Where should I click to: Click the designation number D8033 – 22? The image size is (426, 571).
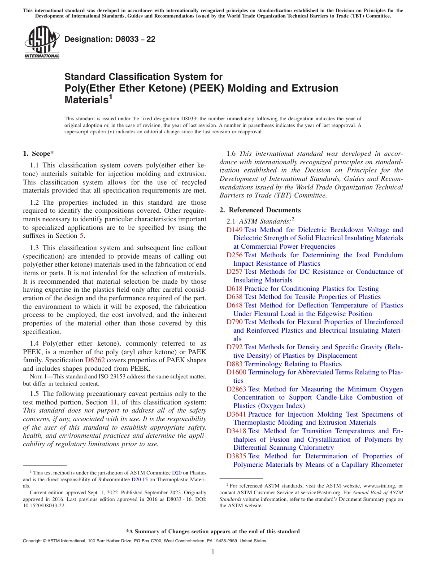(x=110, y=40)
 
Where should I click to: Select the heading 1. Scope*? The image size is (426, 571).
(x=39, y=154)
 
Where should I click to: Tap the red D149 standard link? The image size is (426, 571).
(x=234, y=230)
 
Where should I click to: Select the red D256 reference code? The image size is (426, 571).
(x=234, y=255)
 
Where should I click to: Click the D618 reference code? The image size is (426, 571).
(x=234, y=289)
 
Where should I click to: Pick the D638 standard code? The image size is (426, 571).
(x=234, y=297)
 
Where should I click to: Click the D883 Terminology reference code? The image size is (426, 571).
(x=234, y=364)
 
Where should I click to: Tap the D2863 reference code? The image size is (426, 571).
(x=236, y=389)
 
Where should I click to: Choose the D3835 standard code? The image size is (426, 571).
(x=236, y=456)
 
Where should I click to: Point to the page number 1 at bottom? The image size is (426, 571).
(x=213, y=551)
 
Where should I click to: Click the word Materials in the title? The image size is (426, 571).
(x=86, y=100)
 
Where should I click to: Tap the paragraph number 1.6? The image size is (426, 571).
(x=231, y=154)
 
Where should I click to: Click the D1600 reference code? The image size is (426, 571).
(x=236, y=372)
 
